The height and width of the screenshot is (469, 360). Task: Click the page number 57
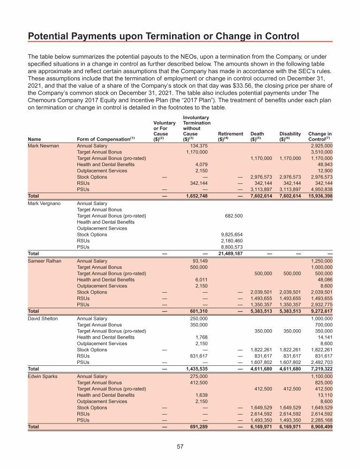coord(180,446)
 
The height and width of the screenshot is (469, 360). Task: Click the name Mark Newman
coord(44,146)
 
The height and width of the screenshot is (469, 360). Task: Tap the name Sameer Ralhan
coord(45,261)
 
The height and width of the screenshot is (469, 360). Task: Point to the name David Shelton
coord(43,318)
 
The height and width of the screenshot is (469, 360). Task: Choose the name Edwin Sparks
coord(43,376)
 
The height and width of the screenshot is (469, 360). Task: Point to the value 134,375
coord(197,146)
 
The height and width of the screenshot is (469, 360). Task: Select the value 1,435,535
coord(196,369)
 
